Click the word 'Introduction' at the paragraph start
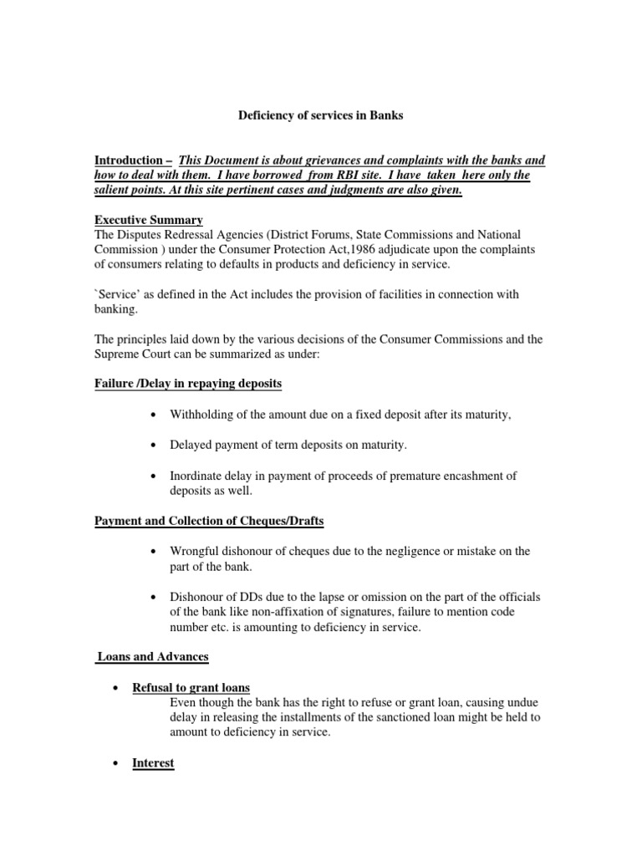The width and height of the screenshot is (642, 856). (x=128, y=160)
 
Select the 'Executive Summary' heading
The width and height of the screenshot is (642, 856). (x=148, y=220)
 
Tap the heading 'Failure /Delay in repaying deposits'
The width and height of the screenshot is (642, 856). (x=187, y=383)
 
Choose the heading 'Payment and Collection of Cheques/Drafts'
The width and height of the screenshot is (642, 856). (x=208, y=521)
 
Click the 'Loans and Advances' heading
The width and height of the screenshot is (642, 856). (x=152, y=657)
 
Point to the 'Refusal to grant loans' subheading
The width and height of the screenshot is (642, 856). (x=191, y=688)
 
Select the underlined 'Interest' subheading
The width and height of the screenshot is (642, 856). (x=153, y=763)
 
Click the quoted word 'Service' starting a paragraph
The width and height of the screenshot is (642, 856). (x=118, y=294)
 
